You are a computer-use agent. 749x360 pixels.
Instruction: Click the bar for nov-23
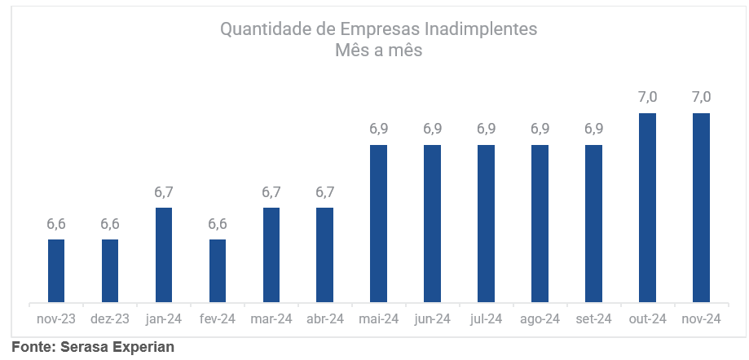coord(55,271)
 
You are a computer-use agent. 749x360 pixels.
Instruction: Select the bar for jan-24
coord(163,255)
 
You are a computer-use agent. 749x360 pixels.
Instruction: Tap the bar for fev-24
coord(217,271)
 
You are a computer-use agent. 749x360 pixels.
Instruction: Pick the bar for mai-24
coord(378,224)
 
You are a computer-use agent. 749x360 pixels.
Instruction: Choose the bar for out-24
coord(647,208)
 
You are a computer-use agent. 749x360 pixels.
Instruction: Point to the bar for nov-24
coord(701,208)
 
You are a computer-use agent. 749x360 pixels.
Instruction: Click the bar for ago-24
coord(540,224)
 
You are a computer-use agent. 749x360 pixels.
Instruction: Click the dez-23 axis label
coord(110,319)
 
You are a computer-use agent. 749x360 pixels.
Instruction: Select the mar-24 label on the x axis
coord(271,319)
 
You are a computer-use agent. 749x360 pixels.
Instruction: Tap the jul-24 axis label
coord(486,319)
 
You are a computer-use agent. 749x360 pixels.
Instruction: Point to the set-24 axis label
coord(593,319)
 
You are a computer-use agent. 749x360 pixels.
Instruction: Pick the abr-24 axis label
coord(325,319)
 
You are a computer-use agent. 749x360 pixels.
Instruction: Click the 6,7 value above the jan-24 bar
coord(164,192)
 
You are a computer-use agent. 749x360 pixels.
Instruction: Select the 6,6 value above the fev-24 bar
coord(218,224)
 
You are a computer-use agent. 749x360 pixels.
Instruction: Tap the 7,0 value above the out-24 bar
coord(648,97)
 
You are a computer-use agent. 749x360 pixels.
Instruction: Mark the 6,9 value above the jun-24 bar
coord(433,129)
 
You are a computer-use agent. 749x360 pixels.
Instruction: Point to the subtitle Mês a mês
coord(378,50)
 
